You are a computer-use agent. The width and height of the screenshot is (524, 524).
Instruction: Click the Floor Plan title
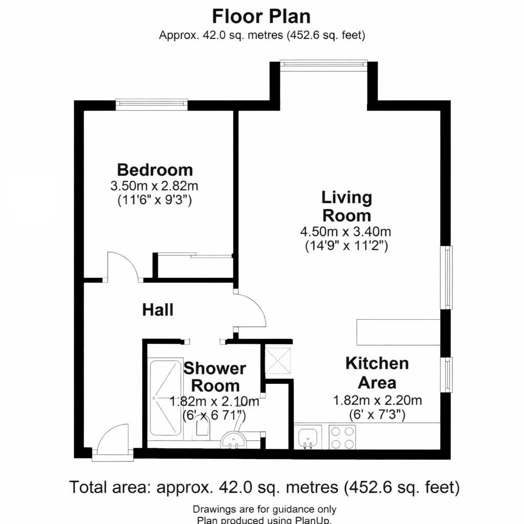tap(261, 16)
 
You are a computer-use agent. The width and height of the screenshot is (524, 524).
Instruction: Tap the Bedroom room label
tap(155, 169)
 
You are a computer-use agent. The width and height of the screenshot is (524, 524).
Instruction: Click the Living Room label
tap(346, 206)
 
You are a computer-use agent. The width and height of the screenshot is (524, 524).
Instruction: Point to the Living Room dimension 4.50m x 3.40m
tap(345, 231)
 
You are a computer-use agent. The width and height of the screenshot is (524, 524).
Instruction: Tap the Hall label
tap(158, 310)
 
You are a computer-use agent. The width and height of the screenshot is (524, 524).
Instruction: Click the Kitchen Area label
tap(377, 373)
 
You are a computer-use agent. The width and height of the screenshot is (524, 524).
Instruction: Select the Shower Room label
tap(214, 377)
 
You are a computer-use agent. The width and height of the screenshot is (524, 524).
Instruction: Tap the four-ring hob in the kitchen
tap(342, 437)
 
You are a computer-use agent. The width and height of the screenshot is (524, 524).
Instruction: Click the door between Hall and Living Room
tap(251, 311)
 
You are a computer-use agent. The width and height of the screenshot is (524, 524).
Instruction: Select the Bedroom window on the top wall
tap(151, 104)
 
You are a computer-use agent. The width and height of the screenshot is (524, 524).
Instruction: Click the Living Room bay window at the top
tap(323, 63)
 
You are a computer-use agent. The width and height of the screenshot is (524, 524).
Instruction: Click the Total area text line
tap(264, 487)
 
